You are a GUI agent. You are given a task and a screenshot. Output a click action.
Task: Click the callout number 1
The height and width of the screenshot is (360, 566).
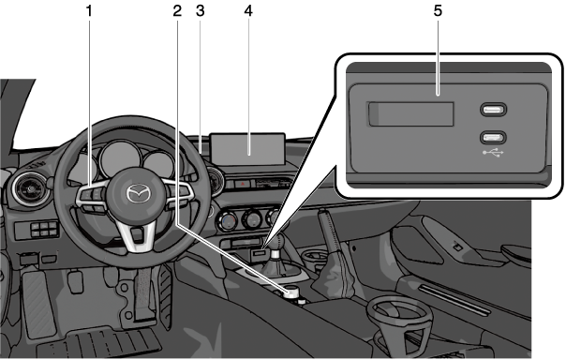[89, 11]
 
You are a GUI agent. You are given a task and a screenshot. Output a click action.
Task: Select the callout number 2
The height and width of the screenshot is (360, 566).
[177, 11]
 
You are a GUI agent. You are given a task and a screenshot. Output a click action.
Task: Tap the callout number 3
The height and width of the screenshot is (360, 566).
[201, 11]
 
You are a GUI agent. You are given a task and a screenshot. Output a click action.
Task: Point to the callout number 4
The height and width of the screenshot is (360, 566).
[248, 11]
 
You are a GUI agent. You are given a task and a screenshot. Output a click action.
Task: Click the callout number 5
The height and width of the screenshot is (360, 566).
[438, 11]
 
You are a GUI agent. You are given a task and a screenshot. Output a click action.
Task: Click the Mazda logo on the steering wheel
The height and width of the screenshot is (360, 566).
[138, 192]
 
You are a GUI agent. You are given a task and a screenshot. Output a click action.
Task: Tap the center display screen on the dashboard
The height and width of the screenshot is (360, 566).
[247, 149]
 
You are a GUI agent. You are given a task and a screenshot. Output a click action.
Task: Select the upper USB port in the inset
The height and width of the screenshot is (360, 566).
[493, 110]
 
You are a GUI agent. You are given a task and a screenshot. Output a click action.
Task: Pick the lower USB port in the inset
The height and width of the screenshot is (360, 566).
[493, 137]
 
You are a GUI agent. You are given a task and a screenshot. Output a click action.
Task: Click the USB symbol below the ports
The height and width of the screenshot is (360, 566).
[493, 153]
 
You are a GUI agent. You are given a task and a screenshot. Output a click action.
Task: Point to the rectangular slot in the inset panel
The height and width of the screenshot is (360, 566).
[410, 114]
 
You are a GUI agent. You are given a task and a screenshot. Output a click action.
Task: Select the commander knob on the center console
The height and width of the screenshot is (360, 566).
[291, 292]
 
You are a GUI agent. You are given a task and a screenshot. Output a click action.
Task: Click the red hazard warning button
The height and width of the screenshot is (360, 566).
[243, 184]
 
